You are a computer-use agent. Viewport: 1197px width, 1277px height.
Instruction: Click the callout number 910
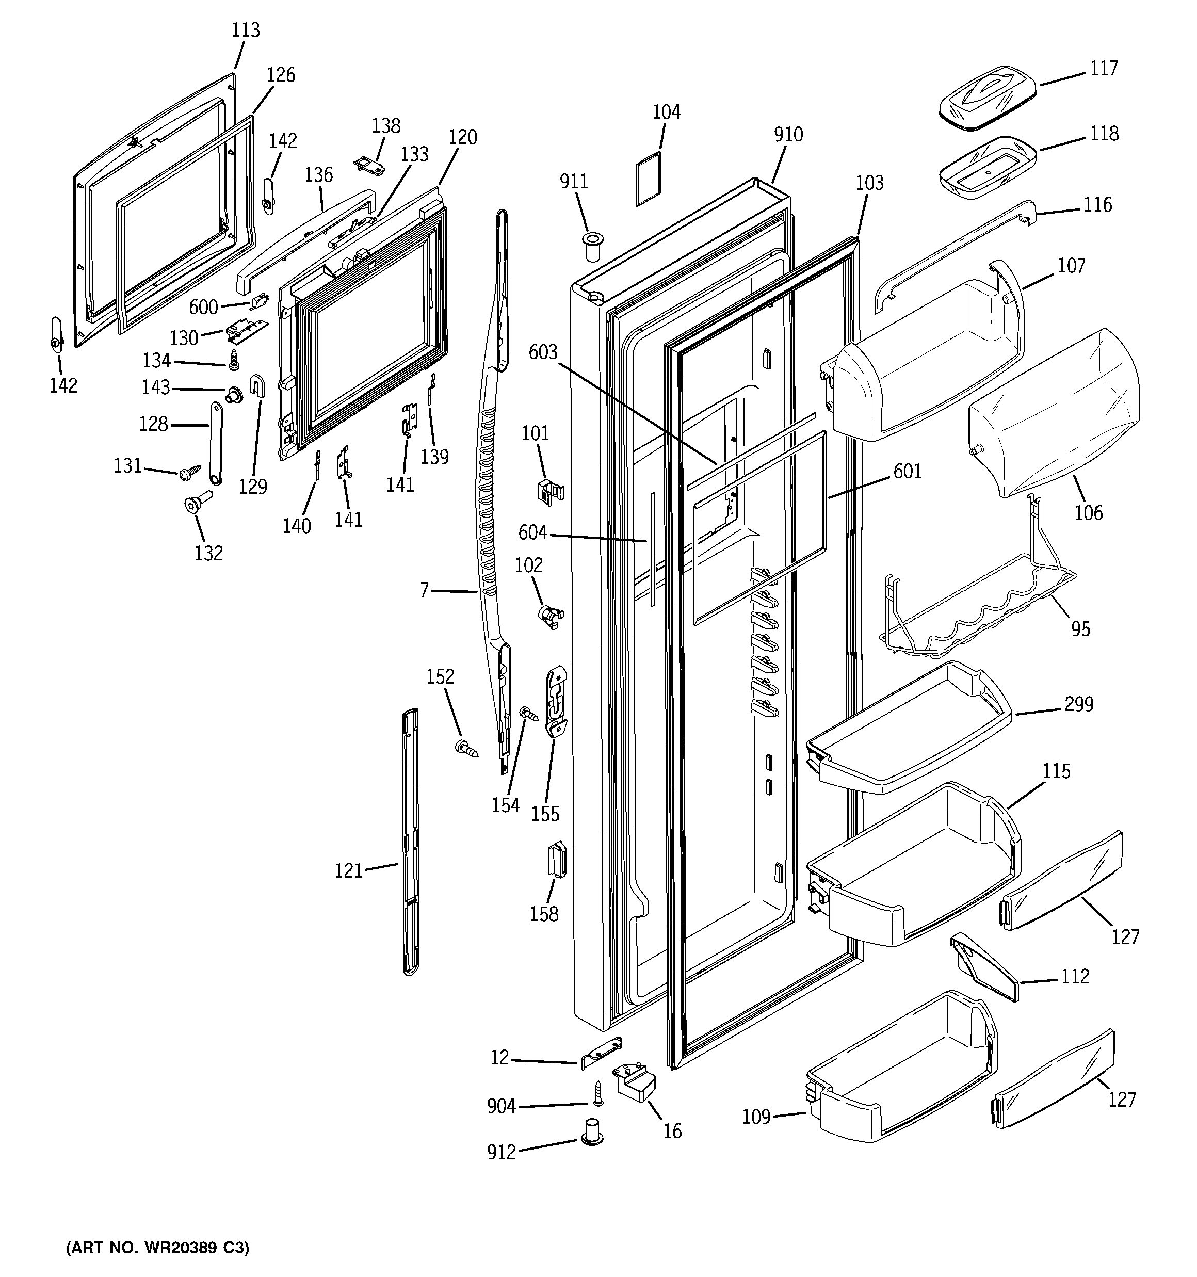click(x=788, y=135)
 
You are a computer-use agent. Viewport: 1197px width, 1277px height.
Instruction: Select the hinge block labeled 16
click(x=634, y=1082)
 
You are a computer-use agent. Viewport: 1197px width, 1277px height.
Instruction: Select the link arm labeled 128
click(x=214, y=444)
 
